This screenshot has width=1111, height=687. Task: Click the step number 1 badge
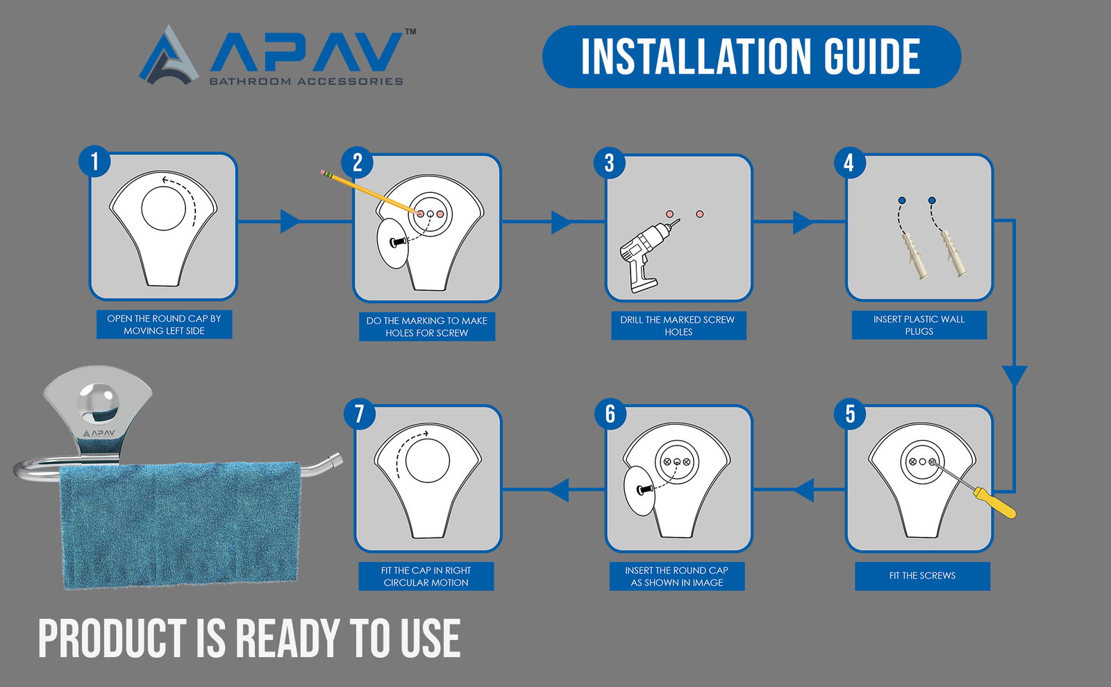point(94,161)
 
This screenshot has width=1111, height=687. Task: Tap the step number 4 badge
point(849,162)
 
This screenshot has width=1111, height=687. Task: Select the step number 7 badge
point(360,414)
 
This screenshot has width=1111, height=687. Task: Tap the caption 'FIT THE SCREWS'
point(922,575)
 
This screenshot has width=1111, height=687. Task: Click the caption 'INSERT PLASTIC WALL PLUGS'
point(919,325)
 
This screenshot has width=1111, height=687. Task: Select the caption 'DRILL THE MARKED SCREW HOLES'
point(678,325)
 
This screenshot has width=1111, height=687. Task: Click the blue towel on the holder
point(181,525)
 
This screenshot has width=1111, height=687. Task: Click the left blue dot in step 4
point(902,201)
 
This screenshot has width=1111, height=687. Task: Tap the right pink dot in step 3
point(699,214)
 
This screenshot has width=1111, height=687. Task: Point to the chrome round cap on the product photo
point(98,402)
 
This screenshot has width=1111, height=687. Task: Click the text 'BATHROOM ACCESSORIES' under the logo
point(306,81)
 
